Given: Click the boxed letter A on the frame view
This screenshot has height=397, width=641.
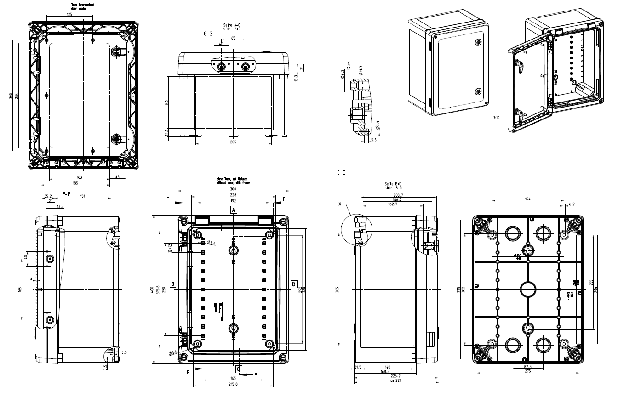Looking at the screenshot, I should click(234, 210).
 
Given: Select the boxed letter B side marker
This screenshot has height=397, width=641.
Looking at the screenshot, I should click(172, 284).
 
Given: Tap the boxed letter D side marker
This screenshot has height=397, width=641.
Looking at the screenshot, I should click(294, 284).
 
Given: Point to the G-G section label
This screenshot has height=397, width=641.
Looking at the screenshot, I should click(208, 34).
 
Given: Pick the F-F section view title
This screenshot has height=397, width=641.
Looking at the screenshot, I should click(66, 194).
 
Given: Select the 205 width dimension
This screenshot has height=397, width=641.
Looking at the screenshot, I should click(233, 142).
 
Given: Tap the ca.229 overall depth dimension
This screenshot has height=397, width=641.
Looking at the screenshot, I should click(396, 380).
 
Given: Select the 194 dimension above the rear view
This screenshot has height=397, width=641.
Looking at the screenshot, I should click(527, 199).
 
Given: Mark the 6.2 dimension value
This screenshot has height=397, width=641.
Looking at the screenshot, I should click(572, 204).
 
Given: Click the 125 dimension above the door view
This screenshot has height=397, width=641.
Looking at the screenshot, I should click(69, 14).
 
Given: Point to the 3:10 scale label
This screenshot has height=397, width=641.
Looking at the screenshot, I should click(496, 118).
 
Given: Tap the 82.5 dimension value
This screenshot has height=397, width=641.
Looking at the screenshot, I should click(527, 366).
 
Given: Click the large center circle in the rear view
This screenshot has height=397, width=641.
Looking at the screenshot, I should click(528, 289).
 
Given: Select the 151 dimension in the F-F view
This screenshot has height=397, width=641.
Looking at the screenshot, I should click(82, 197).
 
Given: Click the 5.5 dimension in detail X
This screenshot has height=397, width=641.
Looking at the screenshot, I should click(373, 139).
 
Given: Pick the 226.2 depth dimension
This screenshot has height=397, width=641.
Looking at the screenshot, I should click(396, 376).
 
